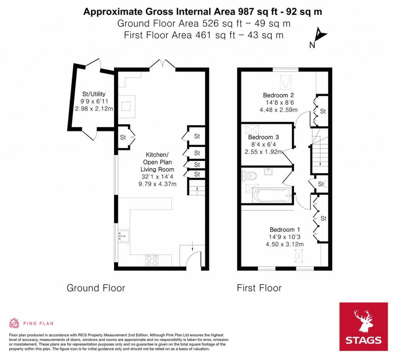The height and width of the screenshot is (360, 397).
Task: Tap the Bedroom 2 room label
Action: [278, 95]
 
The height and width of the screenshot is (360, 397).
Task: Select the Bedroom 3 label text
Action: [263, 137]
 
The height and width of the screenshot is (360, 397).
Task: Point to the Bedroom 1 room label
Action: [285, 230]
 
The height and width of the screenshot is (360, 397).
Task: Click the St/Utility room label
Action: [94, 94]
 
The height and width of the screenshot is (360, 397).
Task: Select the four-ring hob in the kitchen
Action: [152, 260]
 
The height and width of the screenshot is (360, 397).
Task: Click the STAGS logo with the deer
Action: [364, 327]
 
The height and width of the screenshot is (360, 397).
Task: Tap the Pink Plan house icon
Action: [14, 323]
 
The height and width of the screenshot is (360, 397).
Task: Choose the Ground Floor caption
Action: [96, 288]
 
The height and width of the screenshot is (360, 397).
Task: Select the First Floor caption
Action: [259, 288]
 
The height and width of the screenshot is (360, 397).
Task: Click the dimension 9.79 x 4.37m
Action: [157, 184]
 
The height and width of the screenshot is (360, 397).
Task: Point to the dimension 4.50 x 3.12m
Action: [285, 244]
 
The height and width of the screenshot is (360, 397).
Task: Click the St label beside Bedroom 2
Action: [323, 111]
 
